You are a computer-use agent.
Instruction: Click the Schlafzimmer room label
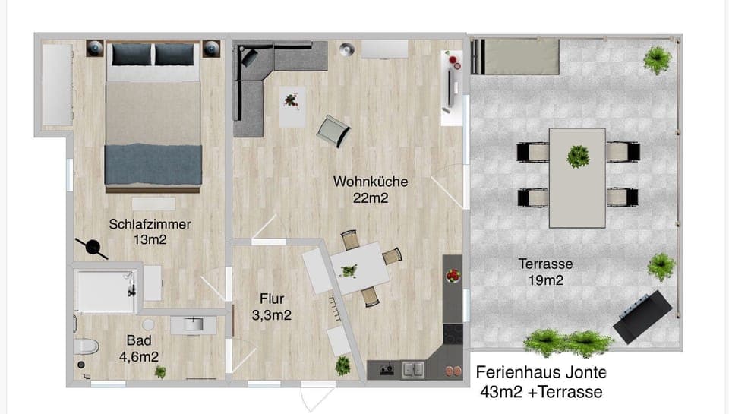[x=150, y=224]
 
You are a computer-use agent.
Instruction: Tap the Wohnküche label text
[x=371, y=182]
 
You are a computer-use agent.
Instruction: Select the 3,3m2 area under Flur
[x=272, y=314]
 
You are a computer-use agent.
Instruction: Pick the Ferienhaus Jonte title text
[x=541, y=373]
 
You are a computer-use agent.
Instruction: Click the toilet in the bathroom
[x=86, y=347]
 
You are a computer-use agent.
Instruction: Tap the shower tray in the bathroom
[x=106, y=289]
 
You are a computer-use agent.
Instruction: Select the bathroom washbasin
[x=193, y=325]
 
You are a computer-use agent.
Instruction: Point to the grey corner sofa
[x=258, y=84]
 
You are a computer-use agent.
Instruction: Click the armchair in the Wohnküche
[x=333, y=131]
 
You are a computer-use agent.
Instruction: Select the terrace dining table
[x=577, y=177]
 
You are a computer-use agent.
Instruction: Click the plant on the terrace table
[x=578, y=156]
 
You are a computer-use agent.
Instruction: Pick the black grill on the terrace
[x=642, y=317]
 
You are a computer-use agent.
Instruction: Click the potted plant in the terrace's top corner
[x=656, y=58]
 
